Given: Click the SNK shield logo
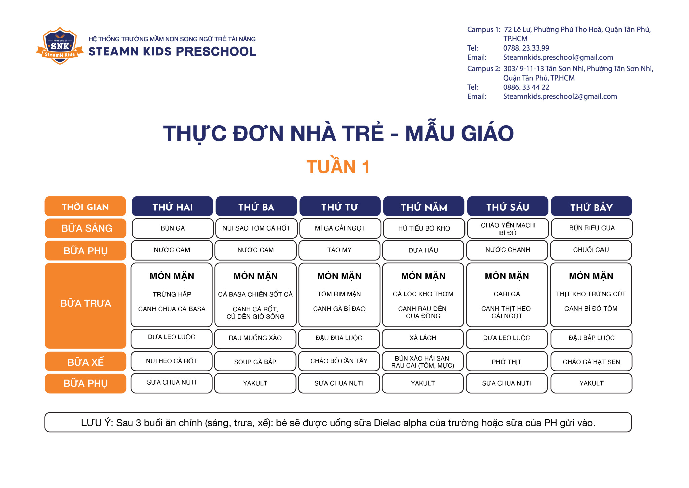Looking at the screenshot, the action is pos(60,45).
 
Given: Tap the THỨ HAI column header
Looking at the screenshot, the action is pos(172,206).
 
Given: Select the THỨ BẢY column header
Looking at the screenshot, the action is pos(591,206).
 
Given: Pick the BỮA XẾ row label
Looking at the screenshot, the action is pos(85,361).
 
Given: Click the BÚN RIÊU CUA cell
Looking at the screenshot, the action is pos(592,228).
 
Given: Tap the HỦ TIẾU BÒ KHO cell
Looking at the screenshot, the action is pos(424,228).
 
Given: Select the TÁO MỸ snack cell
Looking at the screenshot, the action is pos(339,250).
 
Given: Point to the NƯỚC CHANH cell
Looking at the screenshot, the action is pos(507,250).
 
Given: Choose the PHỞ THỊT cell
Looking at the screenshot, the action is pos(507,361).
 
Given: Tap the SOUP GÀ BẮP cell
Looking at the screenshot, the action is pos(255,361).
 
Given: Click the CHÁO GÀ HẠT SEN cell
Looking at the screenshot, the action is pos(591,361).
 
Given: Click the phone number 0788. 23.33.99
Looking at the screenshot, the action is pos(526,48).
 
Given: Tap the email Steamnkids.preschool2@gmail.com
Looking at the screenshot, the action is pos(560,96).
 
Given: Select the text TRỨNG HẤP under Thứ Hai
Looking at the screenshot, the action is pos(172,294).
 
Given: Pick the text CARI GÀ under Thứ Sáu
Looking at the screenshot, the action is pos(507,294).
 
